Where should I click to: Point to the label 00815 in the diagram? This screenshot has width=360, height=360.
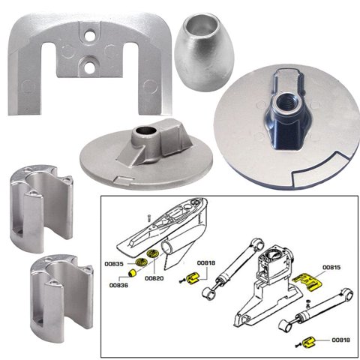(331, 266)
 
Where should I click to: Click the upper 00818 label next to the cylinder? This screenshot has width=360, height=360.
(206, 264)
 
